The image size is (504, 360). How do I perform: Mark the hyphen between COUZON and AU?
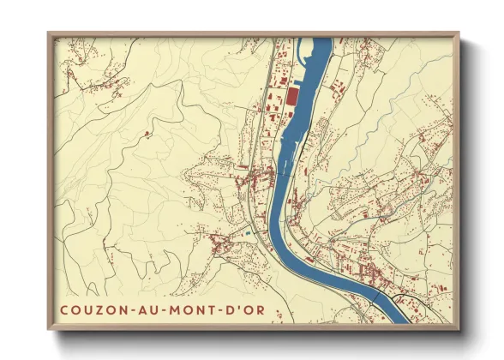coord(128,309)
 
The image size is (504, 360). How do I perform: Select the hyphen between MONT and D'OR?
coord(213,309)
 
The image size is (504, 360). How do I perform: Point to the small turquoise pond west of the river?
coord(249,230)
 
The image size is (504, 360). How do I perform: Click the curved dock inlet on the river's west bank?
coord(279,159)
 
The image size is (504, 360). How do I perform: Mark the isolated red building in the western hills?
coord(147,135)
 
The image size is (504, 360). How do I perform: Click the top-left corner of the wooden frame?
coord(49,34)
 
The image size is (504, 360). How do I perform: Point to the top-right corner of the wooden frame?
coord(459,34)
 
